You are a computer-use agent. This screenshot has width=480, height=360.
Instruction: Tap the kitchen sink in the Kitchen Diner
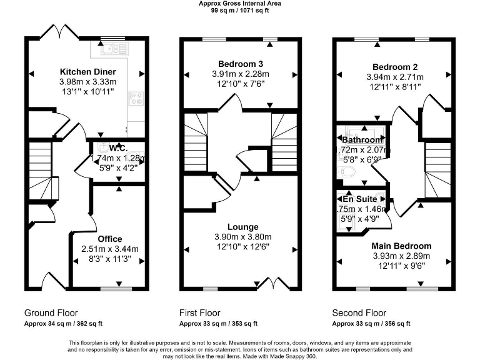(113, 48)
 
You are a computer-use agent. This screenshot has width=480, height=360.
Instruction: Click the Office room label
(110, 239)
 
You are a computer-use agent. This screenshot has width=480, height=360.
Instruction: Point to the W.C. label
(119, 148)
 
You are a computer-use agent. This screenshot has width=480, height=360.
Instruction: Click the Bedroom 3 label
(240, 64)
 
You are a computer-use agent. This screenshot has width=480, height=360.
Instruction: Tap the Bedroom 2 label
(395, 67)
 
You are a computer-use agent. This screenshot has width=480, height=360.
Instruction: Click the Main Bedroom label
(402, 246)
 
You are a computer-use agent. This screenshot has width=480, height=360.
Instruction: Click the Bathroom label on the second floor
(362, 140)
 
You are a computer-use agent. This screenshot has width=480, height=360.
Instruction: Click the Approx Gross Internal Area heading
(240, 4)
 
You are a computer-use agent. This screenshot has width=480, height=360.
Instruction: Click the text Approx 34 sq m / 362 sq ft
(63, 324)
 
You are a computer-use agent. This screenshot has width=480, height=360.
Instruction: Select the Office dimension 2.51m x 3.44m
(110, 249)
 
